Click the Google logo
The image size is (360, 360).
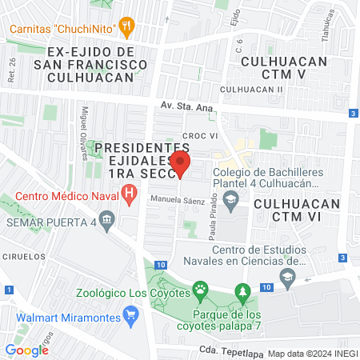(x=27, y=350)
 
